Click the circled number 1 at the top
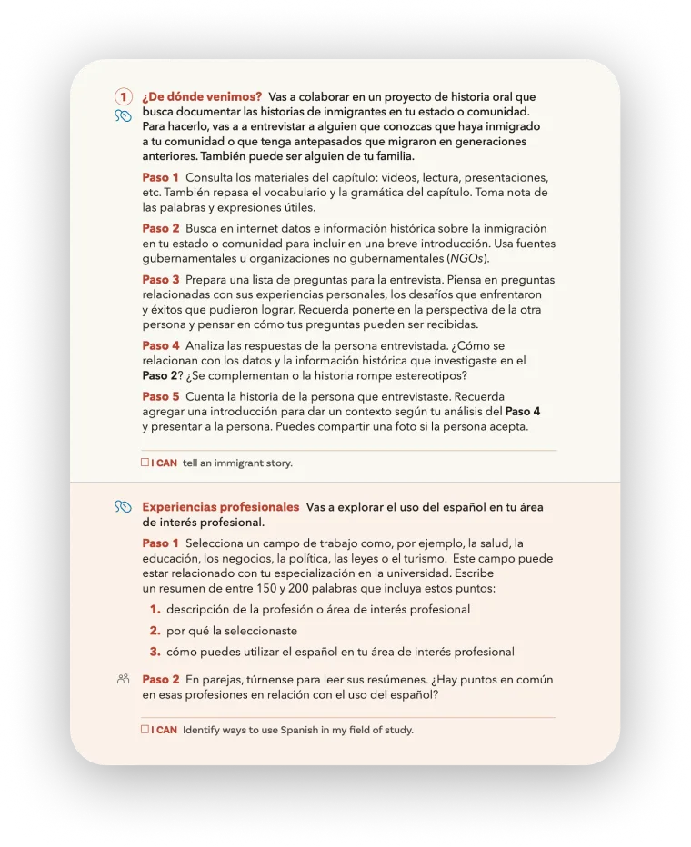tap(123, 97)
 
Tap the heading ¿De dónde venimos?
tap(202, 96)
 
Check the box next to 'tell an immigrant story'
tap(145, 463)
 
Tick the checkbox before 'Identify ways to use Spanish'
tap(145, 729)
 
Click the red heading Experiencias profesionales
tap(221, 507)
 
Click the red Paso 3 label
tap(161, 280)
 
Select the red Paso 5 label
tap(161, 397)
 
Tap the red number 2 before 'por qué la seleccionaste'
tap(155, 631)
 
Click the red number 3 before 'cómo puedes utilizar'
tap(155, 652)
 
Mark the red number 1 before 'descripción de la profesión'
tap(155, 609)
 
